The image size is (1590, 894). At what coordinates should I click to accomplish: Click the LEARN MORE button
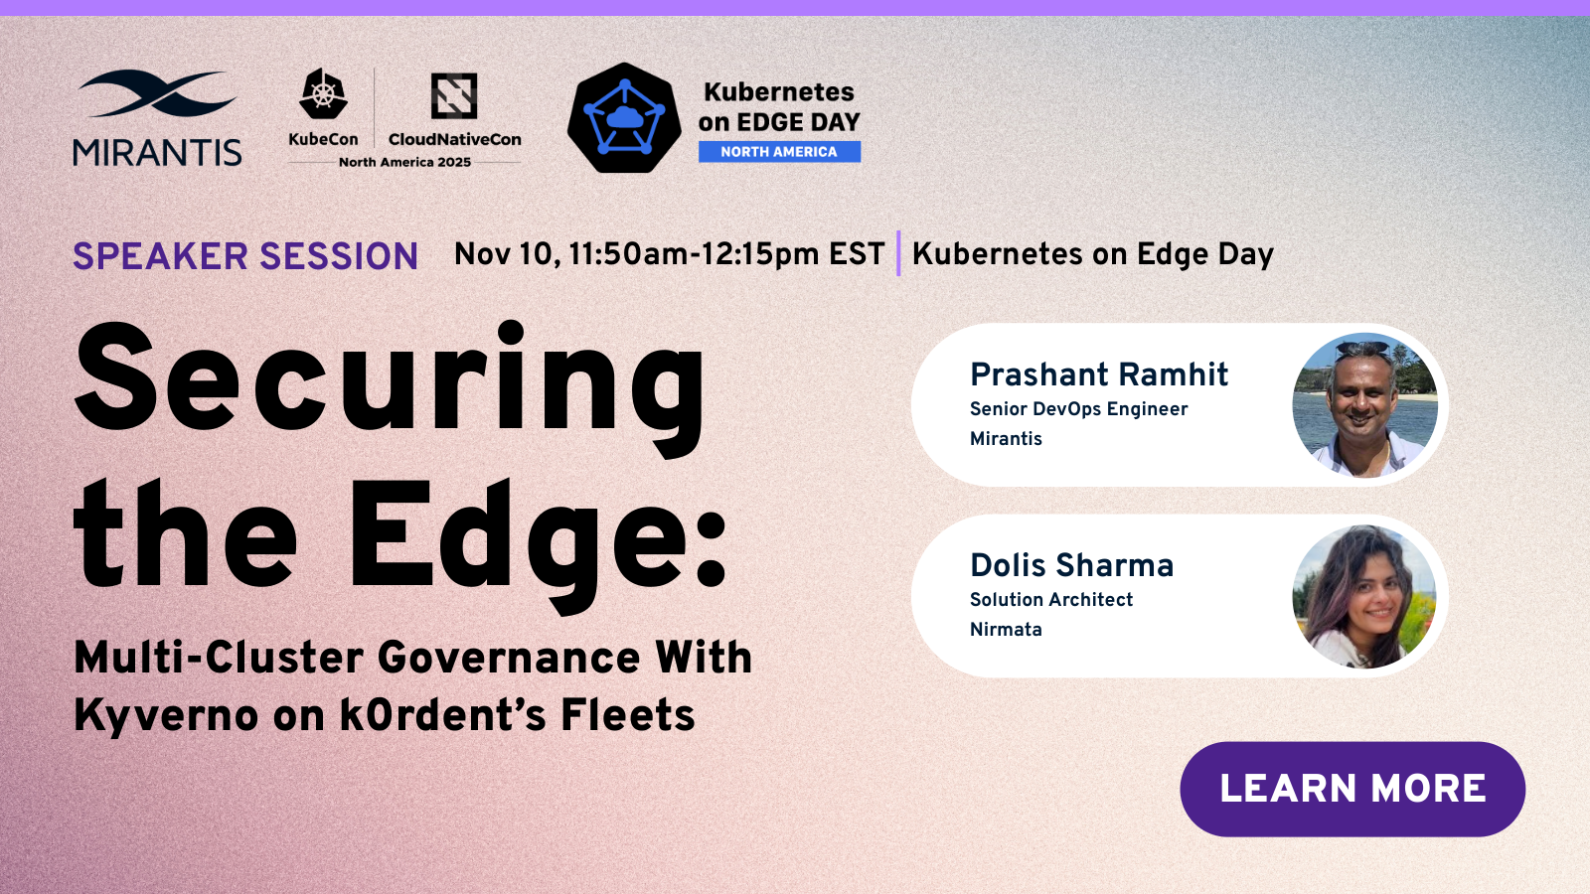[x=1352, y=789]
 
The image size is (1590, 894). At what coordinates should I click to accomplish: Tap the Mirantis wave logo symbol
[x=157, y=93]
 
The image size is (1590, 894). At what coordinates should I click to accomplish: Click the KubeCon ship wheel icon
[x=323, y=93]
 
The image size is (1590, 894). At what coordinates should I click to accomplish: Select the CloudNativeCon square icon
[x=454, y=95]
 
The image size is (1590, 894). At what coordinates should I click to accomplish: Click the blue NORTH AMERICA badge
[x=779, y=152]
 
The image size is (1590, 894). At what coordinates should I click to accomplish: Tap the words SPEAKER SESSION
[x=245, y=256]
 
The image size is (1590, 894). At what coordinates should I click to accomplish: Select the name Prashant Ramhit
[x=1099, y=374]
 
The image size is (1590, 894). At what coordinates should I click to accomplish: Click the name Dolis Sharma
[x=1072, y=565]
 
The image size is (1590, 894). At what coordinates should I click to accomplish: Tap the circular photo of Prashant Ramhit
[x=1365, y=405]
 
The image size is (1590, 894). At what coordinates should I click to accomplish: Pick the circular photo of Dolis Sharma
[x=1364, y=597]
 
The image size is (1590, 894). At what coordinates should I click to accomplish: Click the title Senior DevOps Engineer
[x=1079, y=409]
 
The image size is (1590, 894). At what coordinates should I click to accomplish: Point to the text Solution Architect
[x=1051, y=600]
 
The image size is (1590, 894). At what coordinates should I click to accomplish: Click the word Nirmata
[x=1006, y=630]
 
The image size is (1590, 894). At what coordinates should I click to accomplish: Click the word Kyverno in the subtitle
[x=166, y=716]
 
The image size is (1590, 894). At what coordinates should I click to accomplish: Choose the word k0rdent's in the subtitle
[x=443, y=714]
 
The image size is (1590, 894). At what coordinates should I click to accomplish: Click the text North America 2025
[x=404, y=163]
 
